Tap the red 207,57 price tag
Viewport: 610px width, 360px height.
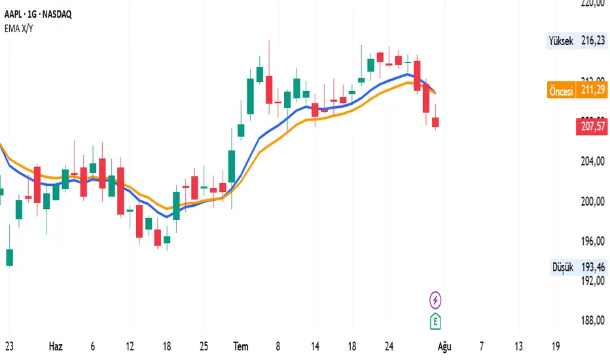coord(591,126)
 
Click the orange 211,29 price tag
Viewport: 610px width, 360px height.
coord(591,91)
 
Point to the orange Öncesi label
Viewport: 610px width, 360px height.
coord(561,91)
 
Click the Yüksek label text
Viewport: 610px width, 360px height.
coord(560,41)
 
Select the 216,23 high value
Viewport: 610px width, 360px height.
coord(592,41)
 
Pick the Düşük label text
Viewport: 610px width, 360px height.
coord(563,268)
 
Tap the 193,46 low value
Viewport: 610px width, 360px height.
coord(592,268)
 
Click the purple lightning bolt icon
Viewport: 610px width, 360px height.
coord(436,300)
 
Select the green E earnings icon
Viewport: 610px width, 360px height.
coord(436,321)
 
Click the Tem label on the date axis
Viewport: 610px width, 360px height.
coord(241,345)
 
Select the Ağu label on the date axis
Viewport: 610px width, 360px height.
coord(444,345)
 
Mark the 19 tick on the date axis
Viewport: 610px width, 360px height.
coord(556,345)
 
